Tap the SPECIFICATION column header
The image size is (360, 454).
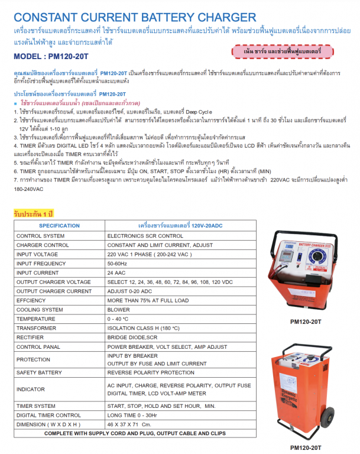click(59, 226)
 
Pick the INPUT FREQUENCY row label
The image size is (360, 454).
click(41, 264)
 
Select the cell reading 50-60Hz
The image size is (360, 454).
click(117, 264)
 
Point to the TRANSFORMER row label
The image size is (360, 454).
click(37, 328)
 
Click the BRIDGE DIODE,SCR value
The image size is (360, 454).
click(132, 338)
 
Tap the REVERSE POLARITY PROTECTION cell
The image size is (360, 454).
click(151, 373)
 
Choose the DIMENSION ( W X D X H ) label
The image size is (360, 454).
click(48, 424)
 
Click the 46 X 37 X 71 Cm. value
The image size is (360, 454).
click(129, 424)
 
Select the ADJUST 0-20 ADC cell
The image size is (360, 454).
click(129, 291)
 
